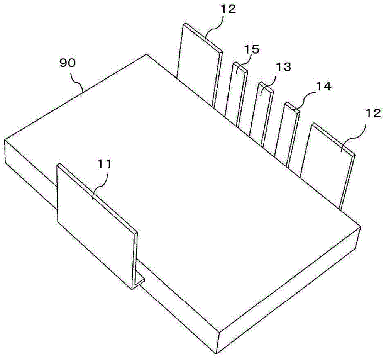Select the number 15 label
tap(251, 50)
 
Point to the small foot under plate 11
tap(141, 279)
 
